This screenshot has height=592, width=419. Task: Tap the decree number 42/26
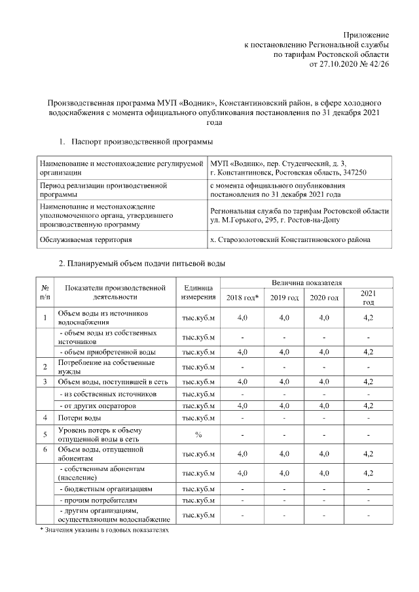pos(379,65)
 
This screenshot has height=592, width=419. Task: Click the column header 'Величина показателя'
pos(306,283)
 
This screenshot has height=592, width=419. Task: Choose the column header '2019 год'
pos(284,298)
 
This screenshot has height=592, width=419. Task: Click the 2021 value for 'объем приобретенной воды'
pos(368,352)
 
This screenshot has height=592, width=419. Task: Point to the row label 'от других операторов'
pos(98,406)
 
